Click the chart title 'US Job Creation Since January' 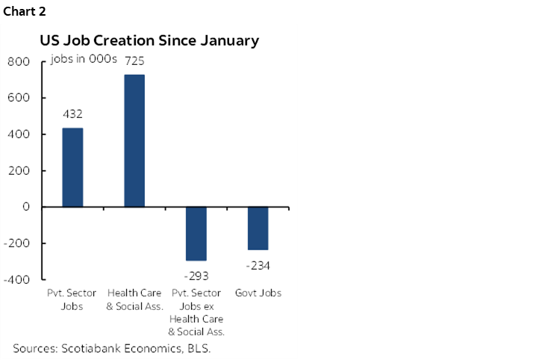(x=149, y=41)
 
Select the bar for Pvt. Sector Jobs (x=72, y=167)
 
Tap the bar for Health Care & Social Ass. (x=134, y=140)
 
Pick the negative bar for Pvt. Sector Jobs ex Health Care (x=196, y=233)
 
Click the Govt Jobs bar (x=257, y=228)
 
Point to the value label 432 (x=72, y=114)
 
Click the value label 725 (x=134, y=60)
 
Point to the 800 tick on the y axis (x=18, y=62)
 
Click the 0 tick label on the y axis (x=25, y=207)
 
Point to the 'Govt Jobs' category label (x=257, y=294)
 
